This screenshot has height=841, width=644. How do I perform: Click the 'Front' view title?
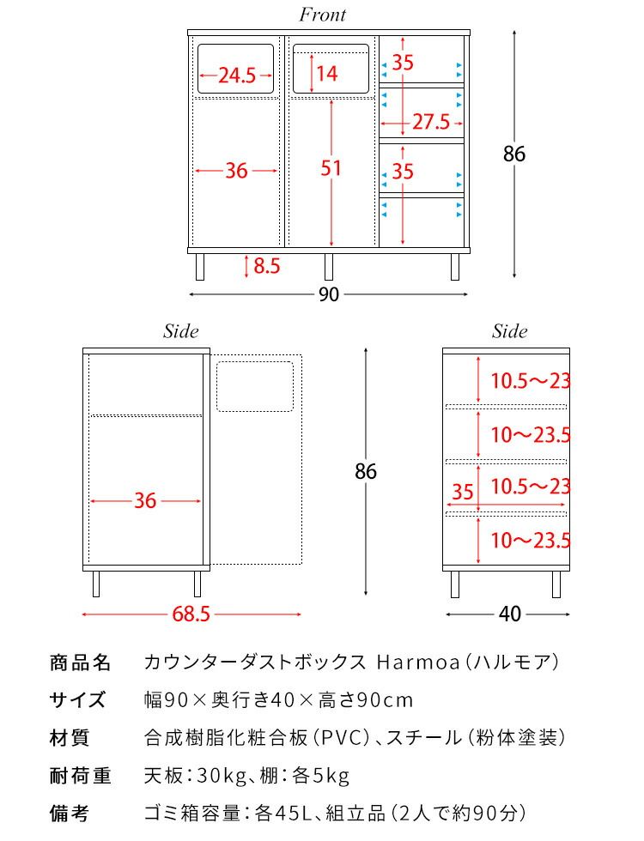tap(323, 15)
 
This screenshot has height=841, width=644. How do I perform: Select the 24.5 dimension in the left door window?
tap(237, 76)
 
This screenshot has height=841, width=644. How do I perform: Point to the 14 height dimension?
tap(326, 74)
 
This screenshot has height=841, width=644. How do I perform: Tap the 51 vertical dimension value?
tap(331, 168)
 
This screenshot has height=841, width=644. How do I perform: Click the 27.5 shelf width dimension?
tap(430, 123)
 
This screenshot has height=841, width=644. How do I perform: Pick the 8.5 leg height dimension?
tap(267, 266)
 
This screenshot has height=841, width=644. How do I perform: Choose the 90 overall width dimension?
tap(328, 295)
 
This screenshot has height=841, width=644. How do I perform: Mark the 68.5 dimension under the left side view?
tap(191, 614)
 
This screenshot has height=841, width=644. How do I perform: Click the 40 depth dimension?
tap(509, 614)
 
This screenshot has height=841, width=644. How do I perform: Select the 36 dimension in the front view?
tap(237, 172)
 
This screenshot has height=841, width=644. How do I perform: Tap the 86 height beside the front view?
tap(513, 154)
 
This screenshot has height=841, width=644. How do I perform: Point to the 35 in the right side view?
tap(463, 492)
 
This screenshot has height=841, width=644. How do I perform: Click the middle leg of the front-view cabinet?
tap(329, 267)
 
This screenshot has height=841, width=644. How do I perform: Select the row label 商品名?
tap(81, 663)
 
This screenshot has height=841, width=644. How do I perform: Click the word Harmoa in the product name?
tap(416, 663)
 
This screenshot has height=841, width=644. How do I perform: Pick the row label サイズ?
tap(78, 700)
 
